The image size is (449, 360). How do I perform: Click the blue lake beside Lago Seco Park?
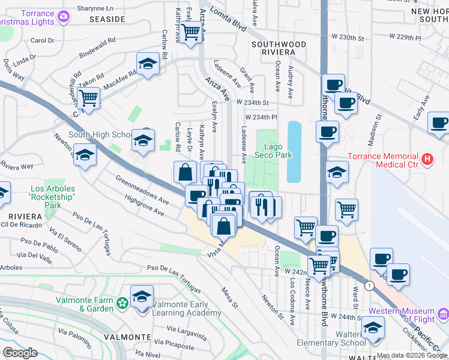294,151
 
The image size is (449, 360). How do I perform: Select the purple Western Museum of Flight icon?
442,314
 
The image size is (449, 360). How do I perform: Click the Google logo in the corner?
20,352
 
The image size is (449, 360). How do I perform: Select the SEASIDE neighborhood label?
107,19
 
